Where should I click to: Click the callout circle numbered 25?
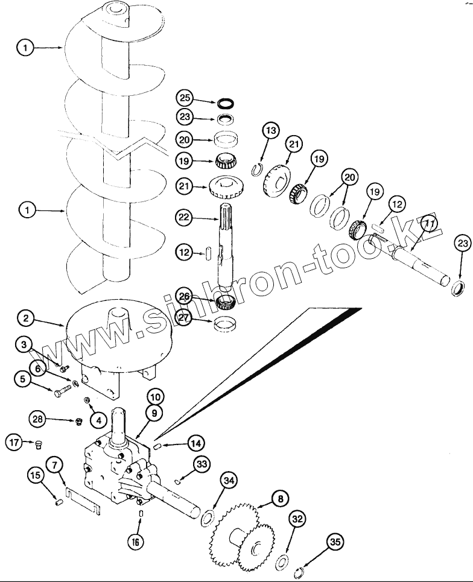[185, 98]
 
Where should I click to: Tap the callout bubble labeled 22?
[185, 217]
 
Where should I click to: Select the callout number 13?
[271, 131]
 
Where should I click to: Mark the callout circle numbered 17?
[14, 443]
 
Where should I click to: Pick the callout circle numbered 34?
[228, 480]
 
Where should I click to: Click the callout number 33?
[202, 463]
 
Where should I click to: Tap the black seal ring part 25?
[225, 103]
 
